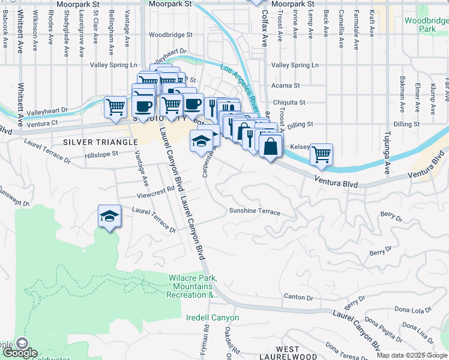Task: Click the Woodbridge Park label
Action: (427, 25)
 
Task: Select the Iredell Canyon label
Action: (212, 317)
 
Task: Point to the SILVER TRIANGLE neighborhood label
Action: (100, 142)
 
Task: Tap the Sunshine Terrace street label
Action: (255, 211)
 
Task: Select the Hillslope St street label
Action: (103, 154)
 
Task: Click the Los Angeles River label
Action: (239, 90)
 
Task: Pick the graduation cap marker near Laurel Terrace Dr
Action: (110, 216)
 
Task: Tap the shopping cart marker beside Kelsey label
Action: (321, 154)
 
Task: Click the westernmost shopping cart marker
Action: (115, 107)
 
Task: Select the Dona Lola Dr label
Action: (413, 310)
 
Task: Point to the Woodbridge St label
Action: (171, 35)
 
